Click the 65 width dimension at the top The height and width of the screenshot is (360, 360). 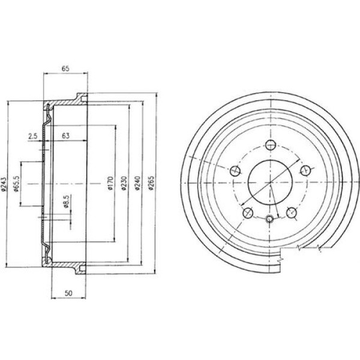pos(65,69)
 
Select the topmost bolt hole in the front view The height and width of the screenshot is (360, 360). pos(270,145)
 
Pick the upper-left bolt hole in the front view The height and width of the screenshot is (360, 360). pos(235,170)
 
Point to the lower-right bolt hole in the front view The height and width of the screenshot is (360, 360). pos(291,211)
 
